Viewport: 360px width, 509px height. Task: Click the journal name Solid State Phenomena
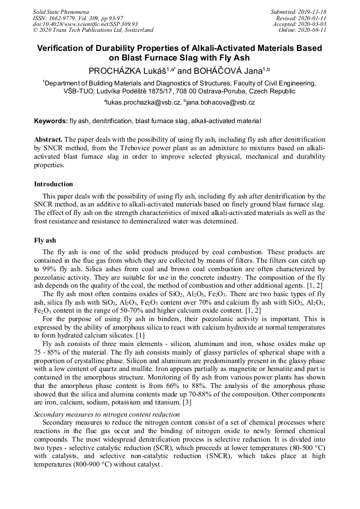pos(61,11)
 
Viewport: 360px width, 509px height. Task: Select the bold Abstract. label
pos(48,139)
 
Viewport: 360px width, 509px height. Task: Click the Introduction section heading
pos(54,184)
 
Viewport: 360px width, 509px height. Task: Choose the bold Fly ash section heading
pos(45,240)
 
